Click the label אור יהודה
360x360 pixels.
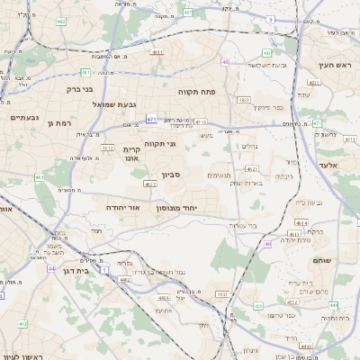click(121, 207)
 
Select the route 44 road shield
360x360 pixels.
click(52, 268)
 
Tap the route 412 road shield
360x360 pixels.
click(23, 323)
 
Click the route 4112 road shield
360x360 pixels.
click(106, 148)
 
